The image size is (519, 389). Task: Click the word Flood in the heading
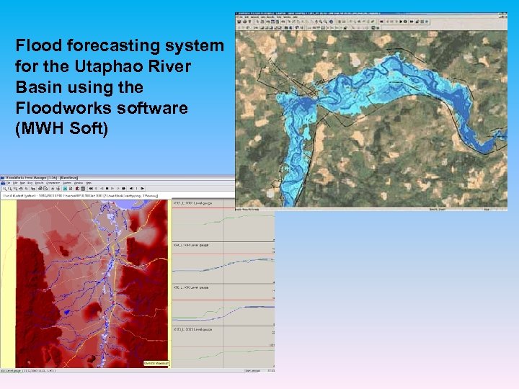pos(36,45)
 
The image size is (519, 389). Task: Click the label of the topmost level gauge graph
pos(191,203)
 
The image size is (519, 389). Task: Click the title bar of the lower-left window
pos(72,176)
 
